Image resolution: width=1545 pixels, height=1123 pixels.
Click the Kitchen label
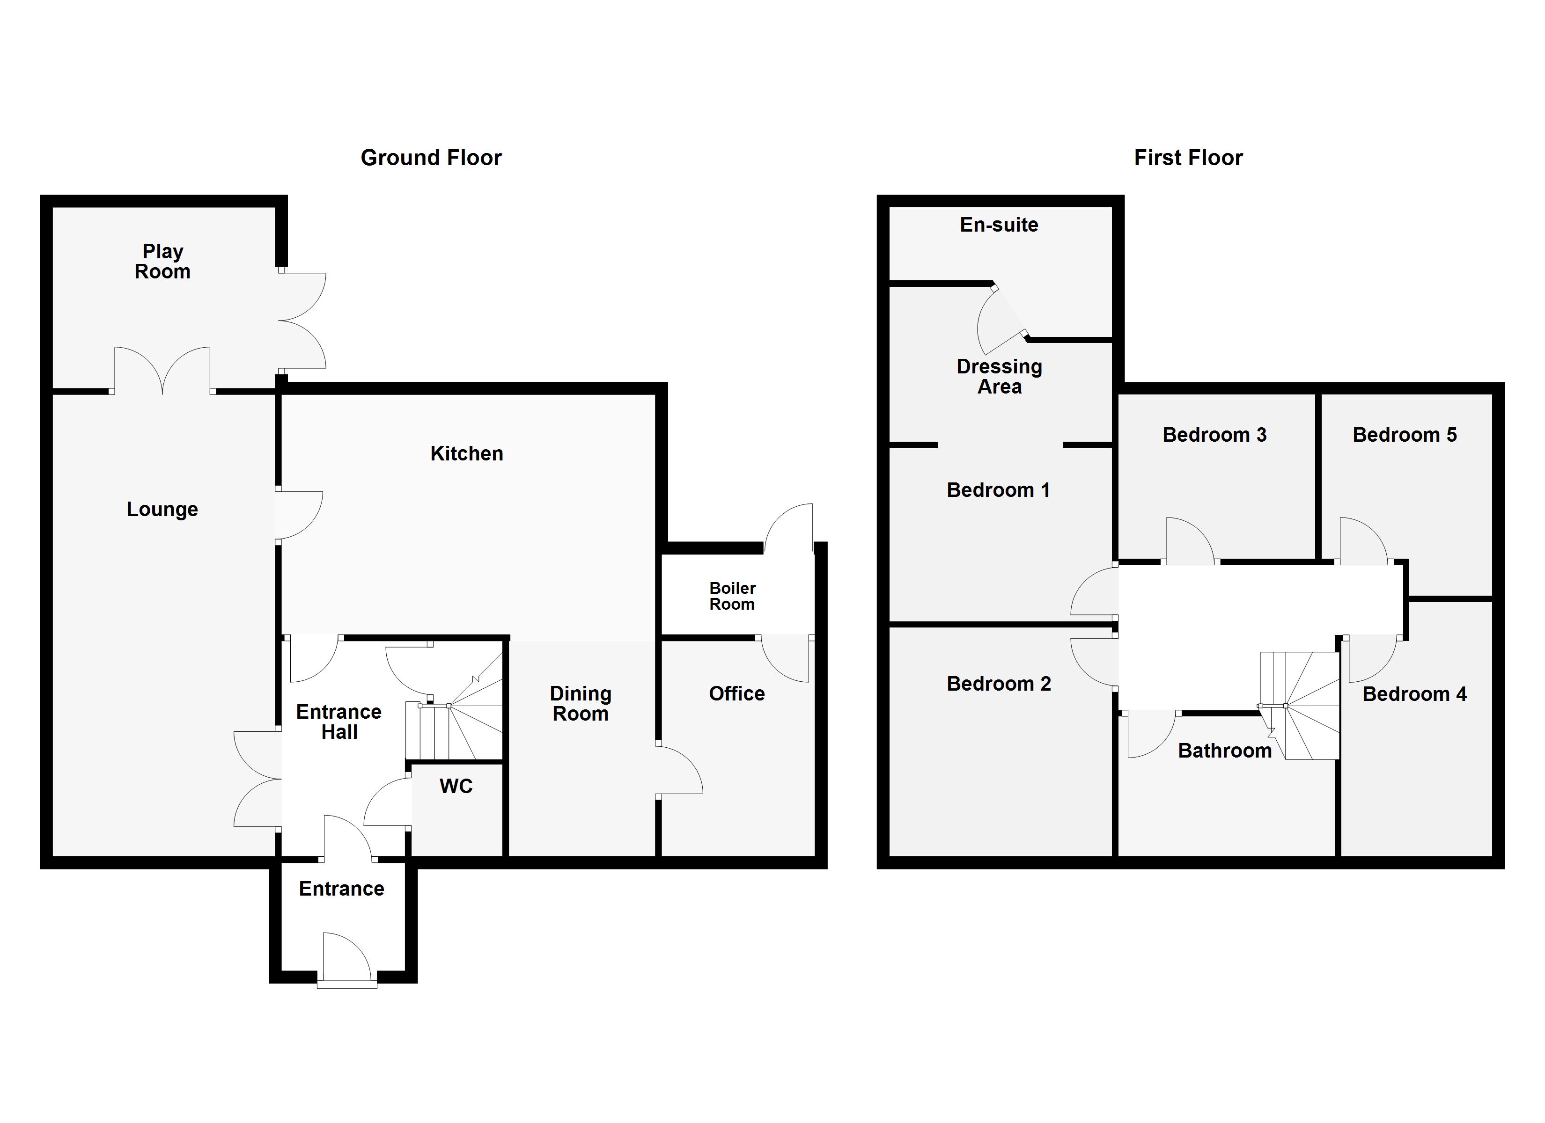click(467, 453)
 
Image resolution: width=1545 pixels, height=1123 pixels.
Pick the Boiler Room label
click(732, 596)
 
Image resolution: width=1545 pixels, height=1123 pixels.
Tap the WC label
click(456, 786)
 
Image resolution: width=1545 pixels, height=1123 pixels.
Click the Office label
click(736, 693)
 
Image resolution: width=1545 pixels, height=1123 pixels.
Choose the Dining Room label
click(581, 703)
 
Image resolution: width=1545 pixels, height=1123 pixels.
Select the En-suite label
click(999, 225)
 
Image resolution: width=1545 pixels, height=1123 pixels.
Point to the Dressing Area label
click(1000, 377)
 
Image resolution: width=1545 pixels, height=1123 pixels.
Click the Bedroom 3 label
click(1214, 435)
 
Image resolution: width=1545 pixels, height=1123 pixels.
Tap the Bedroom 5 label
click(1404, 435)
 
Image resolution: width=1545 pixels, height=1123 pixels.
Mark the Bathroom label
click(1225, 751)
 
